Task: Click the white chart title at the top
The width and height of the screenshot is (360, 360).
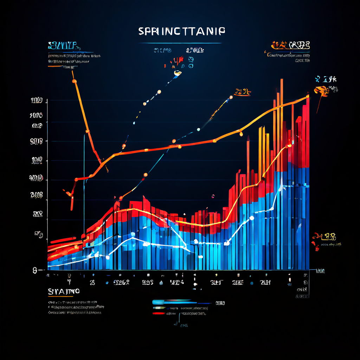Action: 181,31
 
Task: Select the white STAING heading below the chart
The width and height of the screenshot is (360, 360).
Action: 64,291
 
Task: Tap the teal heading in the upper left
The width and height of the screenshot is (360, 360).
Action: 63,46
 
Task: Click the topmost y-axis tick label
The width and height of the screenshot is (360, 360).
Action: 37,101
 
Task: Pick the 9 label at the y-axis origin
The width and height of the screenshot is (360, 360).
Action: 35,270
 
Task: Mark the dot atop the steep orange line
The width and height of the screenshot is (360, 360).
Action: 74,81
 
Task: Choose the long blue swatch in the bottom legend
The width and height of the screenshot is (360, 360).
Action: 174,302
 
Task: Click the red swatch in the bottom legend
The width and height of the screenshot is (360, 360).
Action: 159,313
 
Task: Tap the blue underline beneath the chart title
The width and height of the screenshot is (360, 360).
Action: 180,43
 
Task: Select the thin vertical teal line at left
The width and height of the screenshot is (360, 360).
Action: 84,183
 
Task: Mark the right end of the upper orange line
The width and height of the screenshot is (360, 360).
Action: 308,96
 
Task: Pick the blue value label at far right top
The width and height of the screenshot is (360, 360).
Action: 326,79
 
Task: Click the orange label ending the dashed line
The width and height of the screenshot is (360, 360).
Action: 242,92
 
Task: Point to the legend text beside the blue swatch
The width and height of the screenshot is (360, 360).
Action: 220,303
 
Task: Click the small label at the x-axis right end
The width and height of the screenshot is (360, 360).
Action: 320,271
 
